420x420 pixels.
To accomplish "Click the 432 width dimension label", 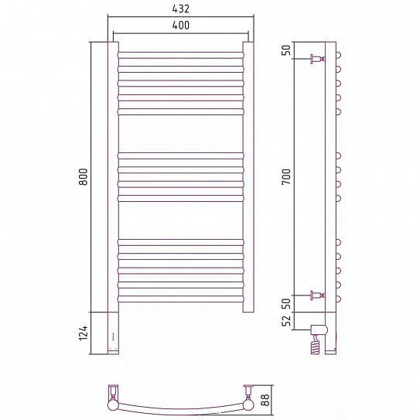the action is click(x=180, y=9).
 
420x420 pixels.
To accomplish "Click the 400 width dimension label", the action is click(x=180, y=26).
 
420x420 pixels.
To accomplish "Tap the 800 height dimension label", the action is click(x=84, y=176).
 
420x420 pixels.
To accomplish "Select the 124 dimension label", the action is click(x=84, y=333).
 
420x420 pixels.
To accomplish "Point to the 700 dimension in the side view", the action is click(x=286, y=176).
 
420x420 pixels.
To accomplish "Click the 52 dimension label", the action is click(x=286, y=321).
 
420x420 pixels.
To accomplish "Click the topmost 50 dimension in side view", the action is click(x=286, y=50).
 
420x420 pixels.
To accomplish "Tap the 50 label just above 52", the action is click(x=286, y=303).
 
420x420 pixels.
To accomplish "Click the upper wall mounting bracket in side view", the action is click(x=318, y=59).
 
